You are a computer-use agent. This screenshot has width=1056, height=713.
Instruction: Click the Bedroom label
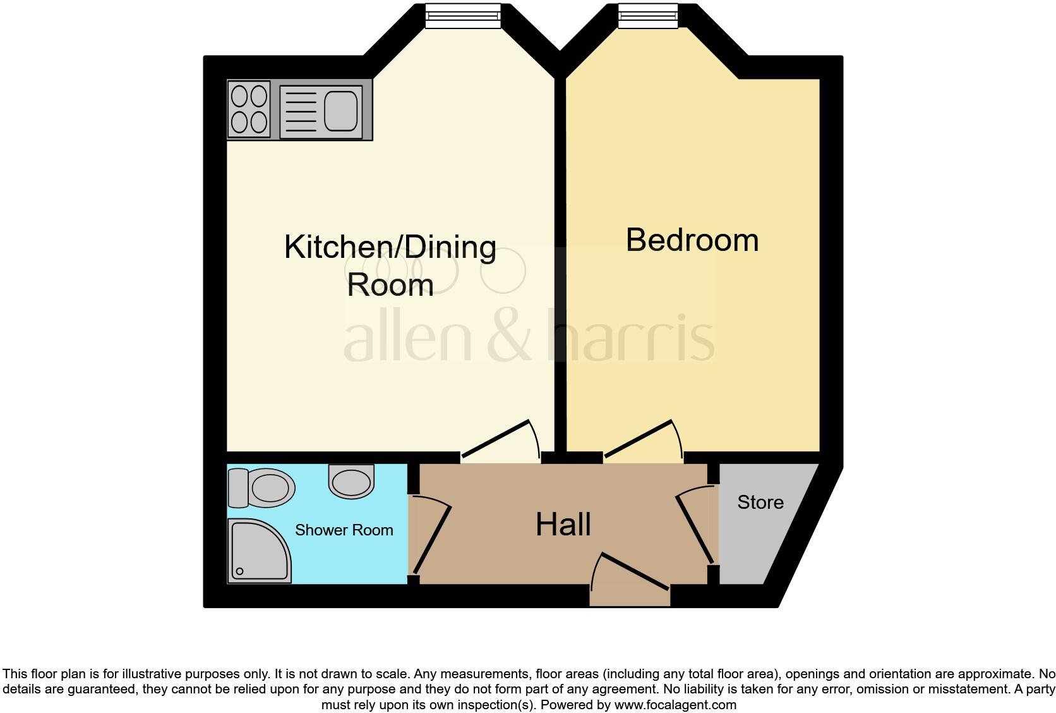point(692,241)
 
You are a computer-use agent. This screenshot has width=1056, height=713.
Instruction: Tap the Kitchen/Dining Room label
point(390,265)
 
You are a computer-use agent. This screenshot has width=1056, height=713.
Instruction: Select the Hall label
point(563,525)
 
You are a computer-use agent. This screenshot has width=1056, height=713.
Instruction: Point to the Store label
point(760,503)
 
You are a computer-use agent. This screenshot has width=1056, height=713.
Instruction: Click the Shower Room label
point(344,530)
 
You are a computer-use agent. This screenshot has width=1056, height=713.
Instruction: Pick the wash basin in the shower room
point(352,482)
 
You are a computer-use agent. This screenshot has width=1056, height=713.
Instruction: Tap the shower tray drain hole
point(240,571)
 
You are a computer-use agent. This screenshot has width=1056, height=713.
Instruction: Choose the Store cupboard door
point(695,528)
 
